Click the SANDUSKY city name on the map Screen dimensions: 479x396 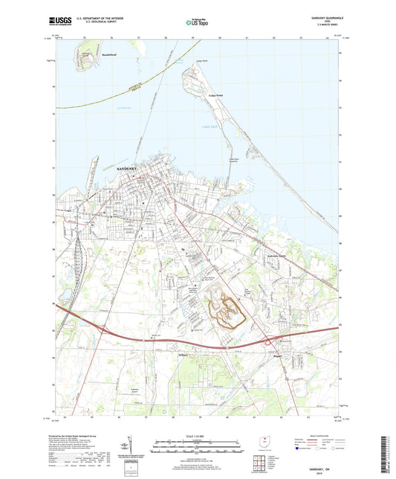tap(132, 170)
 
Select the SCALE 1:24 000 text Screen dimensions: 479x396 tap(197, 434)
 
